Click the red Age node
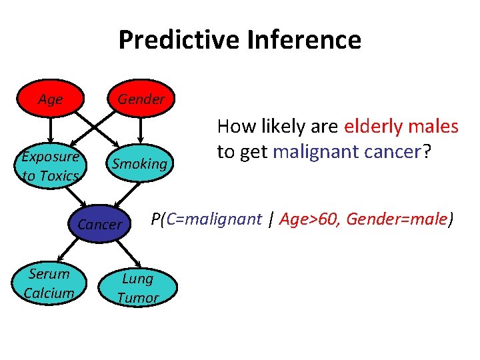pos(50,99)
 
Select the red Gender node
pos(141,99)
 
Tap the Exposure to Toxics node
pos(50,166)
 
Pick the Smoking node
pos(139,163)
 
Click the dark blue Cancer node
pos(100,224)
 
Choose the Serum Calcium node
pos(49,283)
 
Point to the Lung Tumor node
pos(138,288)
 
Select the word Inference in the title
pos(304,40)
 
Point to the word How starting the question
pos(233,126)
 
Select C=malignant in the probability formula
pos(213,219)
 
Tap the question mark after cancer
pos(430,152)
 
